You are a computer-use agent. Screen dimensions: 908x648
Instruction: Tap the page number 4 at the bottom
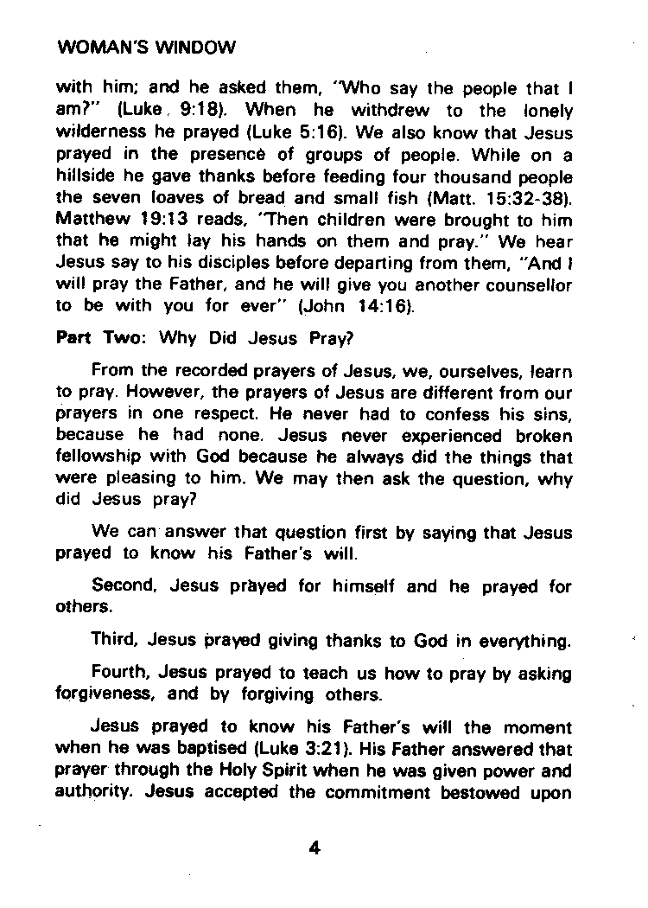click(314, 847)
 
